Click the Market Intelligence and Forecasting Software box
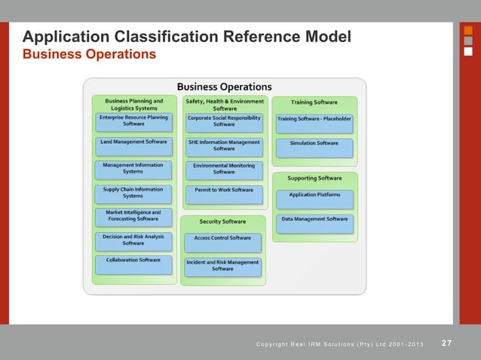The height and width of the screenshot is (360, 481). [133, 217]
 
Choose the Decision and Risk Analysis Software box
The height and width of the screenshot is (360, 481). [133, 241]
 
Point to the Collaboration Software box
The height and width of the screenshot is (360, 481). [133, 264]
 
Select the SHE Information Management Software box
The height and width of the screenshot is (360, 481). [224, 146]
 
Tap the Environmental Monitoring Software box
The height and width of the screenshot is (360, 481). [224, 169]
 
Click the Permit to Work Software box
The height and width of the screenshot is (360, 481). [224, 194]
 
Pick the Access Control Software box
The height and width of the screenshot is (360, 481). [222, 242]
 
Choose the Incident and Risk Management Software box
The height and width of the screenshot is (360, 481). [222, 267]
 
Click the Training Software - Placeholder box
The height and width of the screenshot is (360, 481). [314, 122]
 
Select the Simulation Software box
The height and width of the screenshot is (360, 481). [314, 146]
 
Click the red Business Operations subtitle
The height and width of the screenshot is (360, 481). [90, 54]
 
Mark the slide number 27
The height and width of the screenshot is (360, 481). [446, 343]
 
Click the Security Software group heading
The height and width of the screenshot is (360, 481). [222, 221]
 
